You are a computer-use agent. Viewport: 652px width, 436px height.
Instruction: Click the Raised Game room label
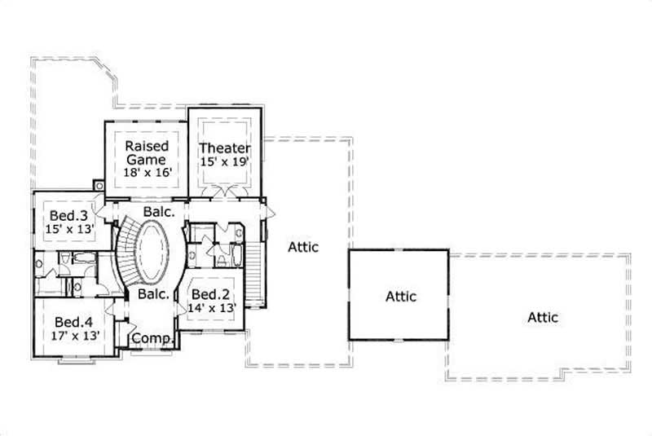(x=147, y=153)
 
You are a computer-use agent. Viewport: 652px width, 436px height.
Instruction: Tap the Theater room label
(x=225, y=148)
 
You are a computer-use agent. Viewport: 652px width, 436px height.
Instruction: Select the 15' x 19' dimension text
(x=225, y=162)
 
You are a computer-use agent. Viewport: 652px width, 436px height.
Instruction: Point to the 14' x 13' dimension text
(x=213, y=308)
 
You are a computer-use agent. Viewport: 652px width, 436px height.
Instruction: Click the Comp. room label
(x=151, y=337)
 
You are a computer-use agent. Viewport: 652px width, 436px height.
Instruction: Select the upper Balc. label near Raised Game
(x=156, y=211)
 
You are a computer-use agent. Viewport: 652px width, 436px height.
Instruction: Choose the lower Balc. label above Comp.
(x=152, y=293)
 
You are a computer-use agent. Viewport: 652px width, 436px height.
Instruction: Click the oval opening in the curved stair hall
(x=152, y=253)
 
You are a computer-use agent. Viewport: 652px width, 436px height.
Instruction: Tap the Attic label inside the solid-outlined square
(x=401, y=297)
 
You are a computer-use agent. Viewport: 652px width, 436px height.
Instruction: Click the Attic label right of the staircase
(x=303, y=246)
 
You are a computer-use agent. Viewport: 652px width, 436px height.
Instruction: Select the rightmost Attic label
(x=543, y=316)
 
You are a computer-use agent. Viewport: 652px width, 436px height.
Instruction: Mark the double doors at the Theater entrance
(x=224, y=192)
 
